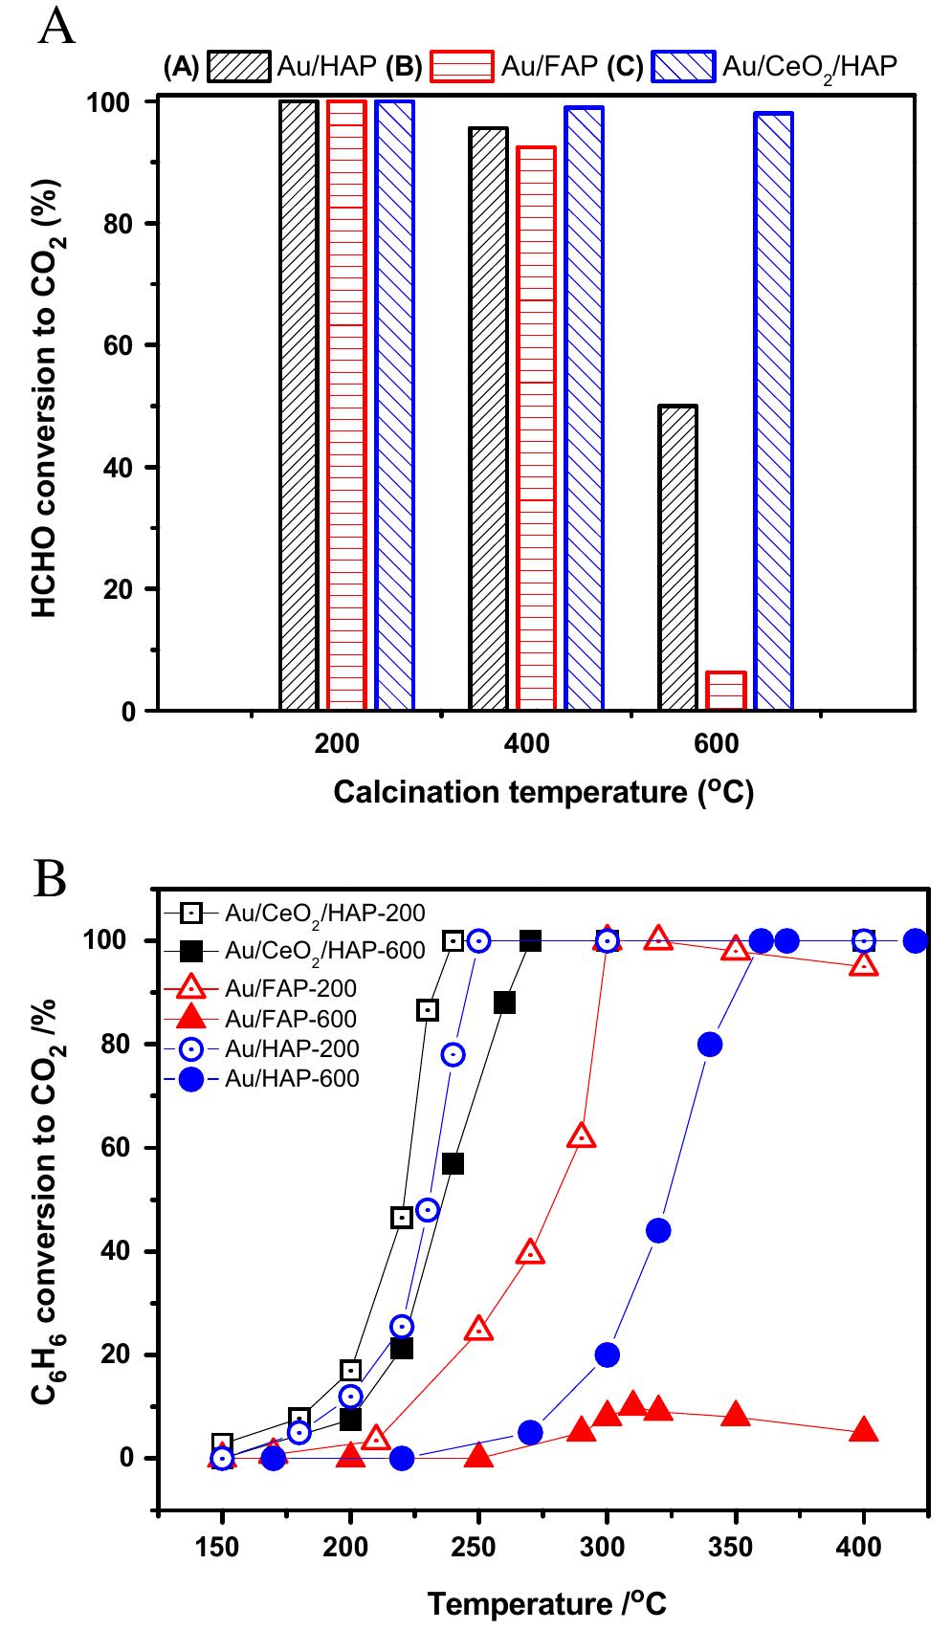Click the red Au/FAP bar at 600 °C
tap(725, 691)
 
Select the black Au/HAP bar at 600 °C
tap(677, 558)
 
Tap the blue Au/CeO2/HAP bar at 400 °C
tap(584, 408)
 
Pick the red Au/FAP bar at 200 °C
tap(346, 405)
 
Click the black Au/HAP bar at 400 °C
tap(488, 419)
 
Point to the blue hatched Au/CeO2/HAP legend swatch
tap(683, 66)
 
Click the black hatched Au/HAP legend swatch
tap(238, 66)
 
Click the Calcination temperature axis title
tap(543, 792)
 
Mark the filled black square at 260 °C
tap(504, 1002)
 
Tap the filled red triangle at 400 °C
tap(864, 1430)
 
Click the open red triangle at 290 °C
tap(582, 1136)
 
